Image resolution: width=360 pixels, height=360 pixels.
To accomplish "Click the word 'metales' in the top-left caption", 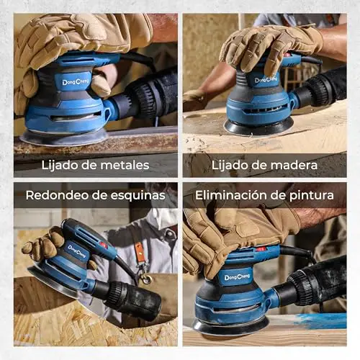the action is (125, 165).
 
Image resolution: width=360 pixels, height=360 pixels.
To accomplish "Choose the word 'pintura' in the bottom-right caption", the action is (312, 196).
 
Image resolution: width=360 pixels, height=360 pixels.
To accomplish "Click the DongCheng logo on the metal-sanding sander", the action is (76, 82).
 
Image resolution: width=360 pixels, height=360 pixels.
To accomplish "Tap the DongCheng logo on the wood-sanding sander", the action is (266, 79).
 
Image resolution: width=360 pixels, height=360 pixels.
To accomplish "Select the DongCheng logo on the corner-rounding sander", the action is (76, 251).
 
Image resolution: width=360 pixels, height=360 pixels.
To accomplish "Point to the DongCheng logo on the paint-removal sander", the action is (237, 277).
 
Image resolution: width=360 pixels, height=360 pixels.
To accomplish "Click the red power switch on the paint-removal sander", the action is (261, 249).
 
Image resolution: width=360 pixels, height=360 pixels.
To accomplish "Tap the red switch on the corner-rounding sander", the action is (104, 245).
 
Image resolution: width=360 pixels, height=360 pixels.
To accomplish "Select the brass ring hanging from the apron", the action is (147, 279).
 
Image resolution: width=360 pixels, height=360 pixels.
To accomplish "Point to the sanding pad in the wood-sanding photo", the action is (258, 127).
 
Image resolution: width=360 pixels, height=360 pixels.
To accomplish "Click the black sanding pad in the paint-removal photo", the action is (230, 327).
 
